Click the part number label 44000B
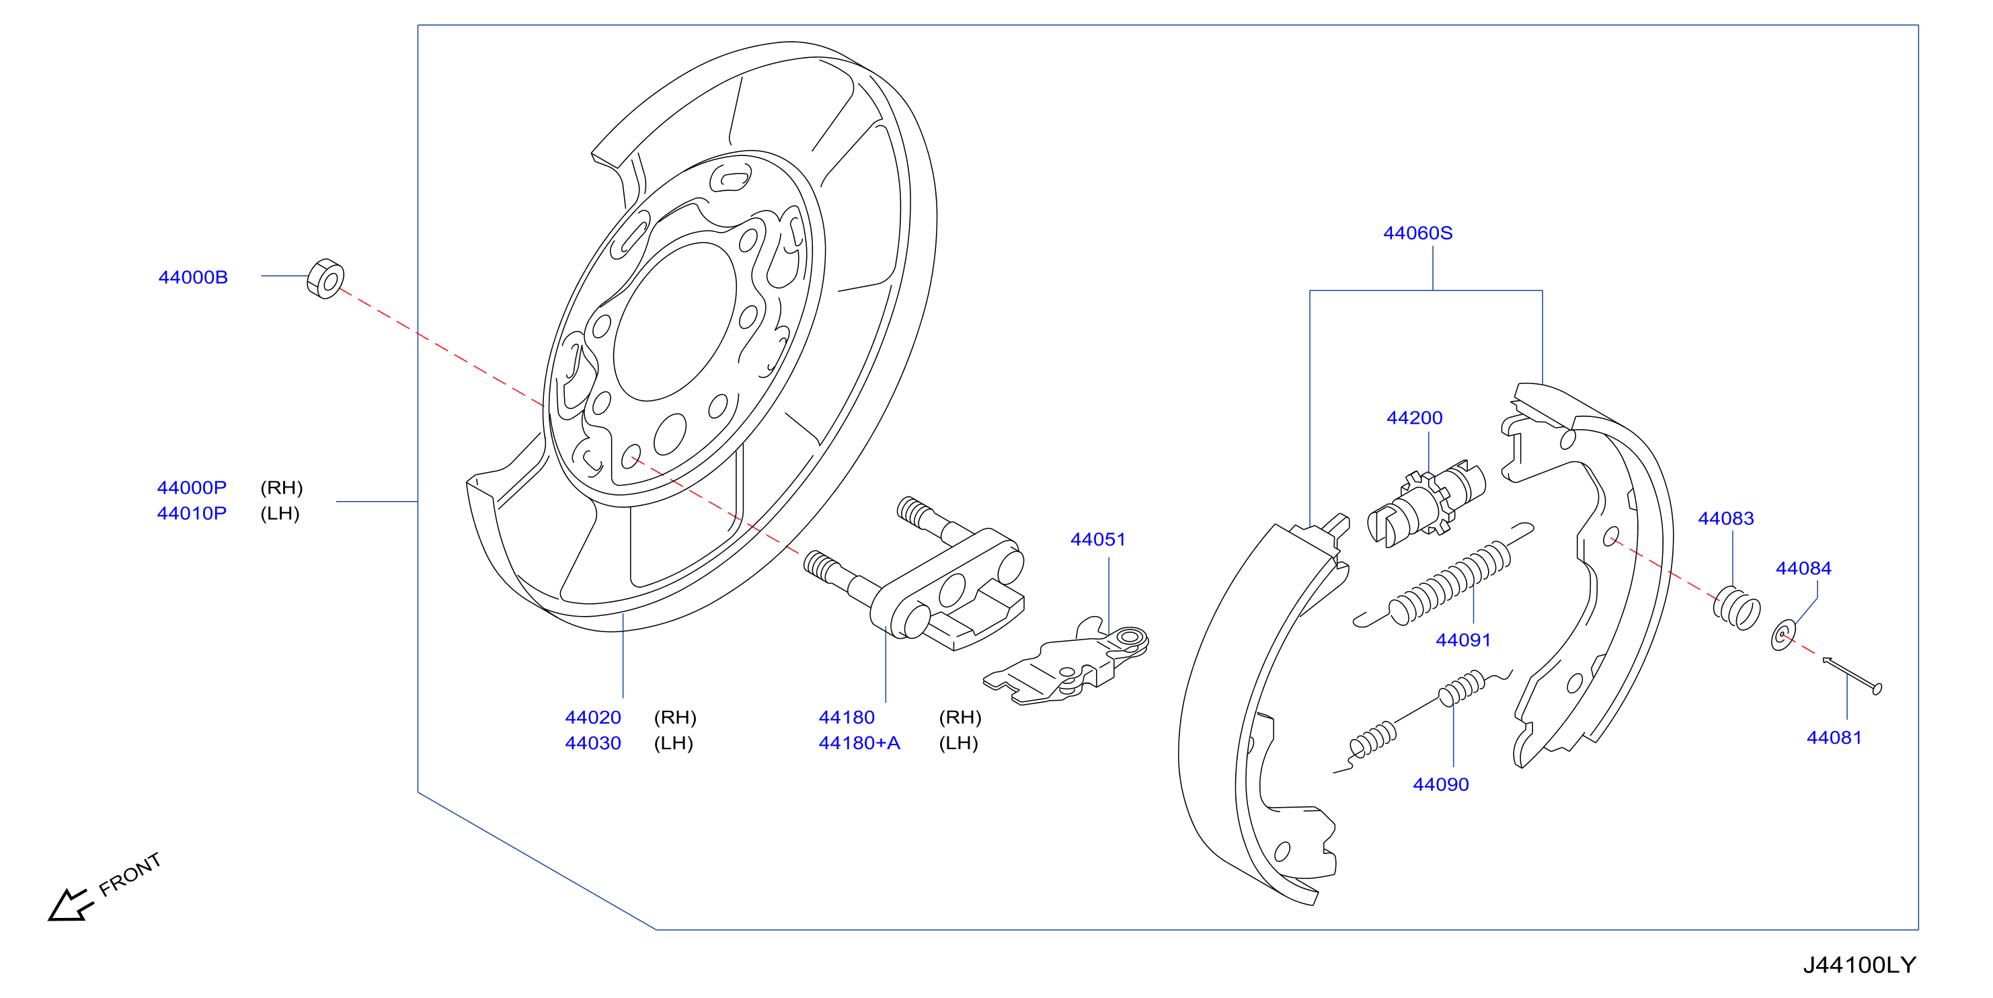coord(193,277)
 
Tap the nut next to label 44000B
coord(325,278)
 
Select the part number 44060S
coord(1417,233)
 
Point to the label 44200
coord(1414,418)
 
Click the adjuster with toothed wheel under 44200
coord(1427,504)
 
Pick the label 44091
coord(1463,640)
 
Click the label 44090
coord(1440,784)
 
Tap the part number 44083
coord(1725,519)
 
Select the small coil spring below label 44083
coord(1736,608)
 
